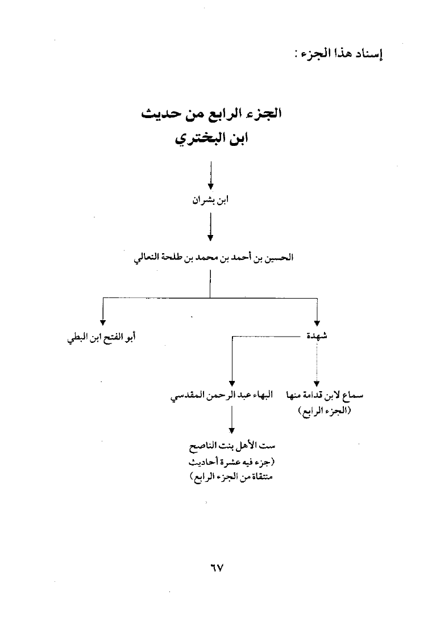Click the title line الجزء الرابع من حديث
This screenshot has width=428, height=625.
coord(211,114)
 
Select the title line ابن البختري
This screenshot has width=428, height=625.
coord(211,139)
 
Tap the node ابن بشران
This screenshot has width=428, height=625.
coord(210,200)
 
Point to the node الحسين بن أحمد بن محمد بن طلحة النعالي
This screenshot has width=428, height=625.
coord(213,258)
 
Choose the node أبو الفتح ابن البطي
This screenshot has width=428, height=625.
coord(101,338)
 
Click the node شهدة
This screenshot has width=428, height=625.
coord(317,336)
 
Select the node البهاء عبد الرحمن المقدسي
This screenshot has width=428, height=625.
coord(222,396)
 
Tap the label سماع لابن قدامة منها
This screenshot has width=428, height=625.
coord(325,396)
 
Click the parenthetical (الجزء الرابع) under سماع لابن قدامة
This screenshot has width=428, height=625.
coord(325,411)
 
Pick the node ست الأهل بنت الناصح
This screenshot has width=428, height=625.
coord(232,446)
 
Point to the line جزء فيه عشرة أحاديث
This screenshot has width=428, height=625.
coord(232,463)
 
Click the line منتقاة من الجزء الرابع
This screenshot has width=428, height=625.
coord(231,477)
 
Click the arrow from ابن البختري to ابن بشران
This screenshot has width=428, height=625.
coord(210,175)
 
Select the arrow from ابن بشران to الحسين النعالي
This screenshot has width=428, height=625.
coord(210,227)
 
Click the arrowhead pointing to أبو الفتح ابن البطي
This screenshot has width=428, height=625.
coord(103,323)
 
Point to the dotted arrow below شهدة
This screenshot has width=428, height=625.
coord(317,364)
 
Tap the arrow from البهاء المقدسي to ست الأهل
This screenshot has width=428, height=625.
coord(231,420)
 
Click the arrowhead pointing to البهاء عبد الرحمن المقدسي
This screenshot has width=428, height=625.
coord(232,384)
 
